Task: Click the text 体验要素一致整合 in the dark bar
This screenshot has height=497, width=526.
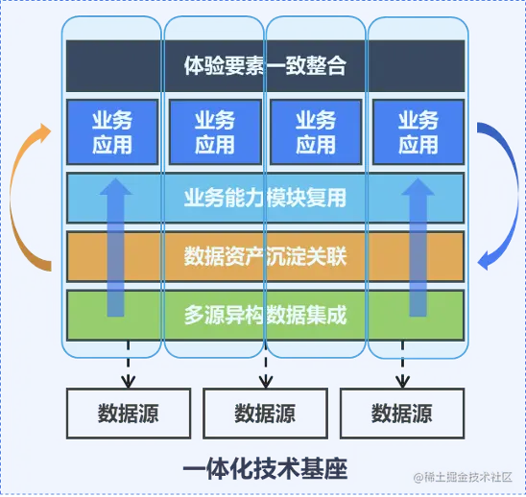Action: point(264,66)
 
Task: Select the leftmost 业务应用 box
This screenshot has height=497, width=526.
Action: point(111,132)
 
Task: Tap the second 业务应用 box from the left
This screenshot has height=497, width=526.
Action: point(214,132)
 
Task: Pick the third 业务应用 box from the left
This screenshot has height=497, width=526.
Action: point(315,132)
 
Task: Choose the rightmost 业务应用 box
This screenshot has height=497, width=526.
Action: point(418,132)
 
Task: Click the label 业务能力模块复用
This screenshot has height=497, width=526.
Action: point(264,199)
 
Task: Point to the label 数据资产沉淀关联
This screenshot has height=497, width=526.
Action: point(264,256)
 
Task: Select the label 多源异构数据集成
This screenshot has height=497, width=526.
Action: point(264,314)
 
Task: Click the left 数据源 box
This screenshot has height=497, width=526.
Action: point(128,414)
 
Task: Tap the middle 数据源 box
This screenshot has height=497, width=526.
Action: point(264,414)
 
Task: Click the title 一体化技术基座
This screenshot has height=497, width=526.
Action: point(264,469)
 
